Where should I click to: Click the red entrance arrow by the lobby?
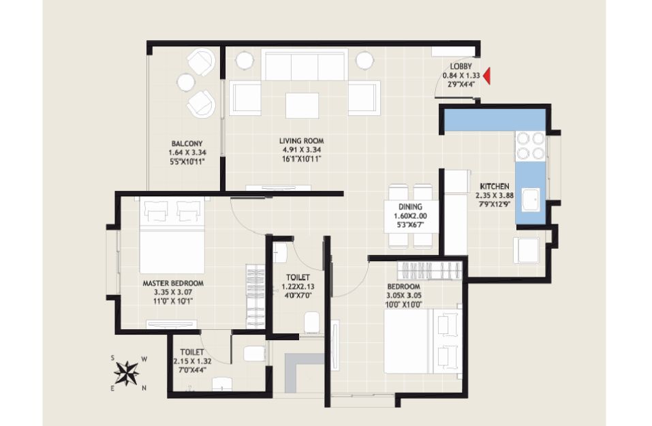(x=486, y=76)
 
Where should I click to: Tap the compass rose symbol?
(x=127, y=373)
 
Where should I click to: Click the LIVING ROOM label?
(x=301, y=141)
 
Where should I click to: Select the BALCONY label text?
(x=187, y=144)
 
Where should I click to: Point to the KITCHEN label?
(x=495, y=186)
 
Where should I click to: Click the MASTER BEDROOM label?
(x=173, y=284)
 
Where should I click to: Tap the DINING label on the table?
(x=410, y=207)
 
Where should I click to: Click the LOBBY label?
(x=461, y=67)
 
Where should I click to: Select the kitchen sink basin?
(x=531, y=200)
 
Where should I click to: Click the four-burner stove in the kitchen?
(x=531, y=146)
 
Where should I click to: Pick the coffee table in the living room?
(x=302, y=105)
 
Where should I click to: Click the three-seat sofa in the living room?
(x=305, y=65)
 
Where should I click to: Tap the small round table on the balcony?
(x=185, y=82)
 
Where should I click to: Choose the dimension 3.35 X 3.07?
(x=173, y=292)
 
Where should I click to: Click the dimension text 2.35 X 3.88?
(x=495, y=195)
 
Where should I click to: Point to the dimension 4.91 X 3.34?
(x=301, y=150)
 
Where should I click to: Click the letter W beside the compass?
(x=144, y=359)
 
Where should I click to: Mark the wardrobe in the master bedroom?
(x=255, y=296)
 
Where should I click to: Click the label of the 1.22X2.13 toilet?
(x=298, y=277)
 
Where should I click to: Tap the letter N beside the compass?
(x=144, y=388)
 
